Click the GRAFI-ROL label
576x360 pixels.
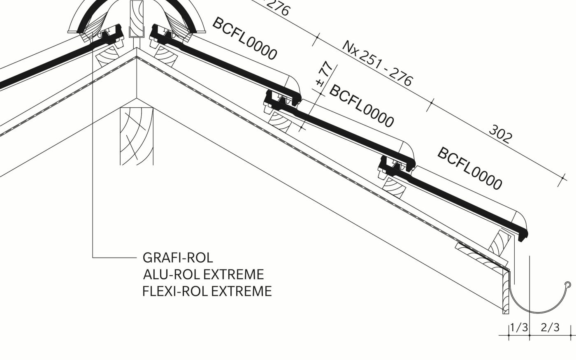click(178, 258)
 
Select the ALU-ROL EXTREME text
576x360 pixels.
click(203, 274)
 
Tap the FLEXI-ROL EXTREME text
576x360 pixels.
click(207, 291)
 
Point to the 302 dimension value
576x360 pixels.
click(501, 134)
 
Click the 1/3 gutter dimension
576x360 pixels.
click(518, 327)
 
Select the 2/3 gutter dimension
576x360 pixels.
click(550, 327)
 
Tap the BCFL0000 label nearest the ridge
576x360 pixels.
click(244, 38)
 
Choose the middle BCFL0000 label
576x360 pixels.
click(361, 106)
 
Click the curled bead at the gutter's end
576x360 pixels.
click(568, 284)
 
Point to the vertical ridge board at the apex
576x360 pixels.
click(135, 19)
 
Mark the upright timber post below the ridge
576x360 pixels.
click(136, 136)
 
